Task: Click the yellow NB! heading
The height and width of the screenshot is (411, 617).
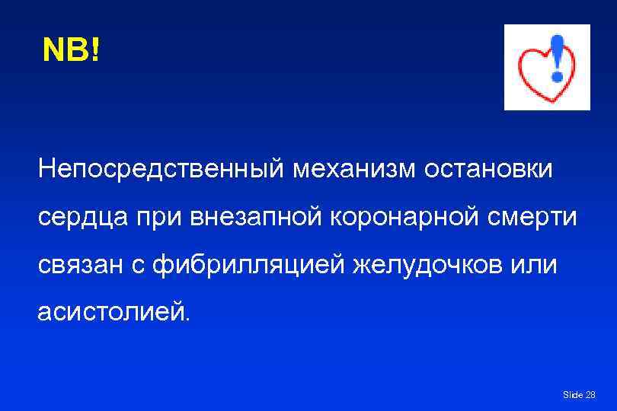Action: [71, 50]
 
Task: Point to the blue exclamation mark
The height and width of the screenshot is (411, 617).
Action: [558, 57]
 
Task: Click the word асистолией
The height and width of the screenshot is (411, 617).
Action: [110, 313]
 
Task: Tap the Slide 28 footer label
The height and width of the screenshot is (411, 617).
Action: [579, 395]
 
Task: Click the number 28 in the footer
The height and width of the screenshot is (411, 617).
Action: [590, 395]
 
